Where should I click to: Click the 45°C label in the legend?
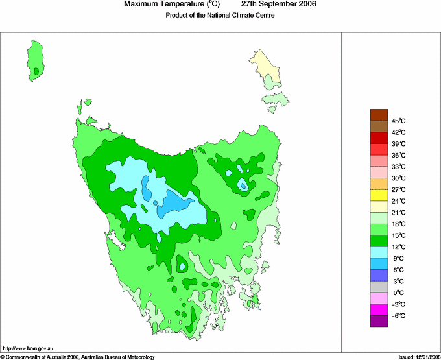[398, 121]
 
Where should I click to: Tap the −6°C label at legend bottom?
[398, 315]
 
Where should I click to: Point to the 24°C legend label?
[398, 201]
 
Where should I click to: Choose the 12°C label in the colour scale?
[398, 246]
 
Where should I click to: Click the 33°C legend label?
[398, 167]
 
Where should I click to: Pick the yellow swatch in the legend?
[379, 195]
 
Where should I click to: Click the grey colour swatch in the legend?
[379, 287]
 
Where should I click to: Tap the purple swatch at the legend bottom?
[379, 321]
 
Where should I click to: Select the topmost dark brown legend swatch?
[379, 115]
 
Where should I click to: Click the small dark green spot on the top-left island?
[37, 71]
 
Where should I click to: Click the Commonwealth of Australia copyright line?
[78, 357]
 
